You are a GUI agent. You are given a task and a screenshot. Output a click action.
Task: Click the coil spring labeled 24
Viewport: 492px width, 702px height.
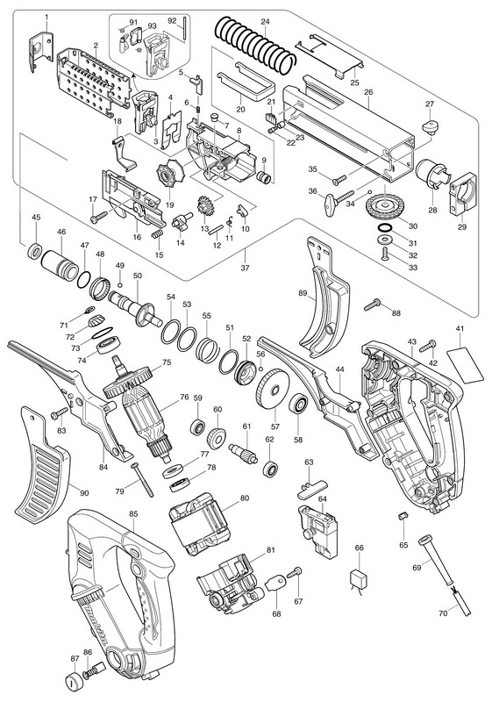coord(256,45)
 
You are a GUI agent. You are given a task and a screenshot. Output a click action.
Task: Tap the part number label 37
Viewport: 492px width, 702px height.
coord(245,269)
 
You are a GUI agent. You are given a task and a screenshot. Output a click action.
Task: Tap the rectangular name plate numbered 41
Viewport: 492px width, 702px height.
coord(465,365)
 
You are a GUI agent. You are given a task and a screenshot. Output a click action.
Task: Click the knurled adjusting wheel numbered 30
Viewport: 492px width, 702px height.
coord(384,207)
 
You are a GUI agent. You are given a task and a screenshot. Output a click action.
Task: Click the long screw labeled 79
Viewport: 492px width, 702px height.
coord(142,480)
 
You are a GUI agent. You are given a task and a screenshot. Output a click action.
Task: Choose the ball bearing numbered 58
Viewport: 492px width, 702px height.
coord(298,406)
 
